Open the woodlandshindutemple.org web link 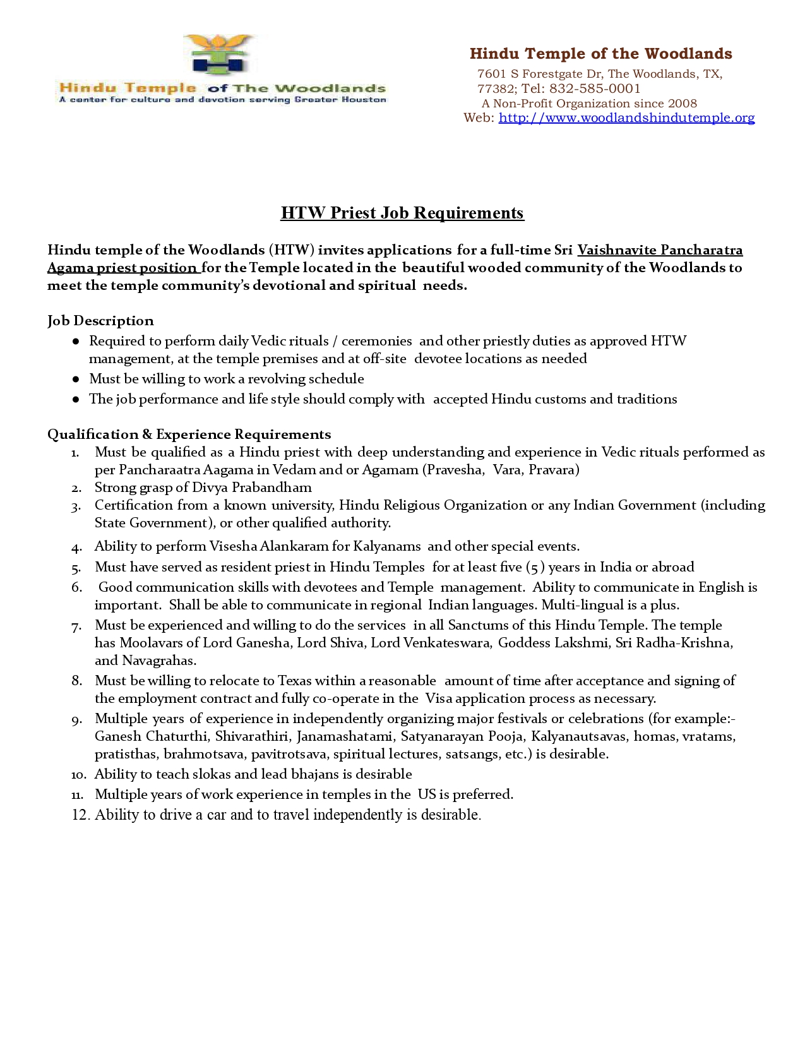(x=626, y=118)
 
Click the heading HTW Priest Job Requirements (x=402, y=213)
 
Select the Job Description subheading (x=100, y=321)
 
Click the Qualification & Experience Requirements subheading (x=189, y=434)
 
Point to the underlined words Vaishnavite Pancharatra (x=660, y=250)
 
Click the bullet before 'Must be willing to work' (x=76, y=380)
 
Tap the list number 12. (x=80, y=815)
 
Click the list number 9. (x=76, y=720)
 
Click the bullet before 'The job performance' (x=76, y=400)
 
